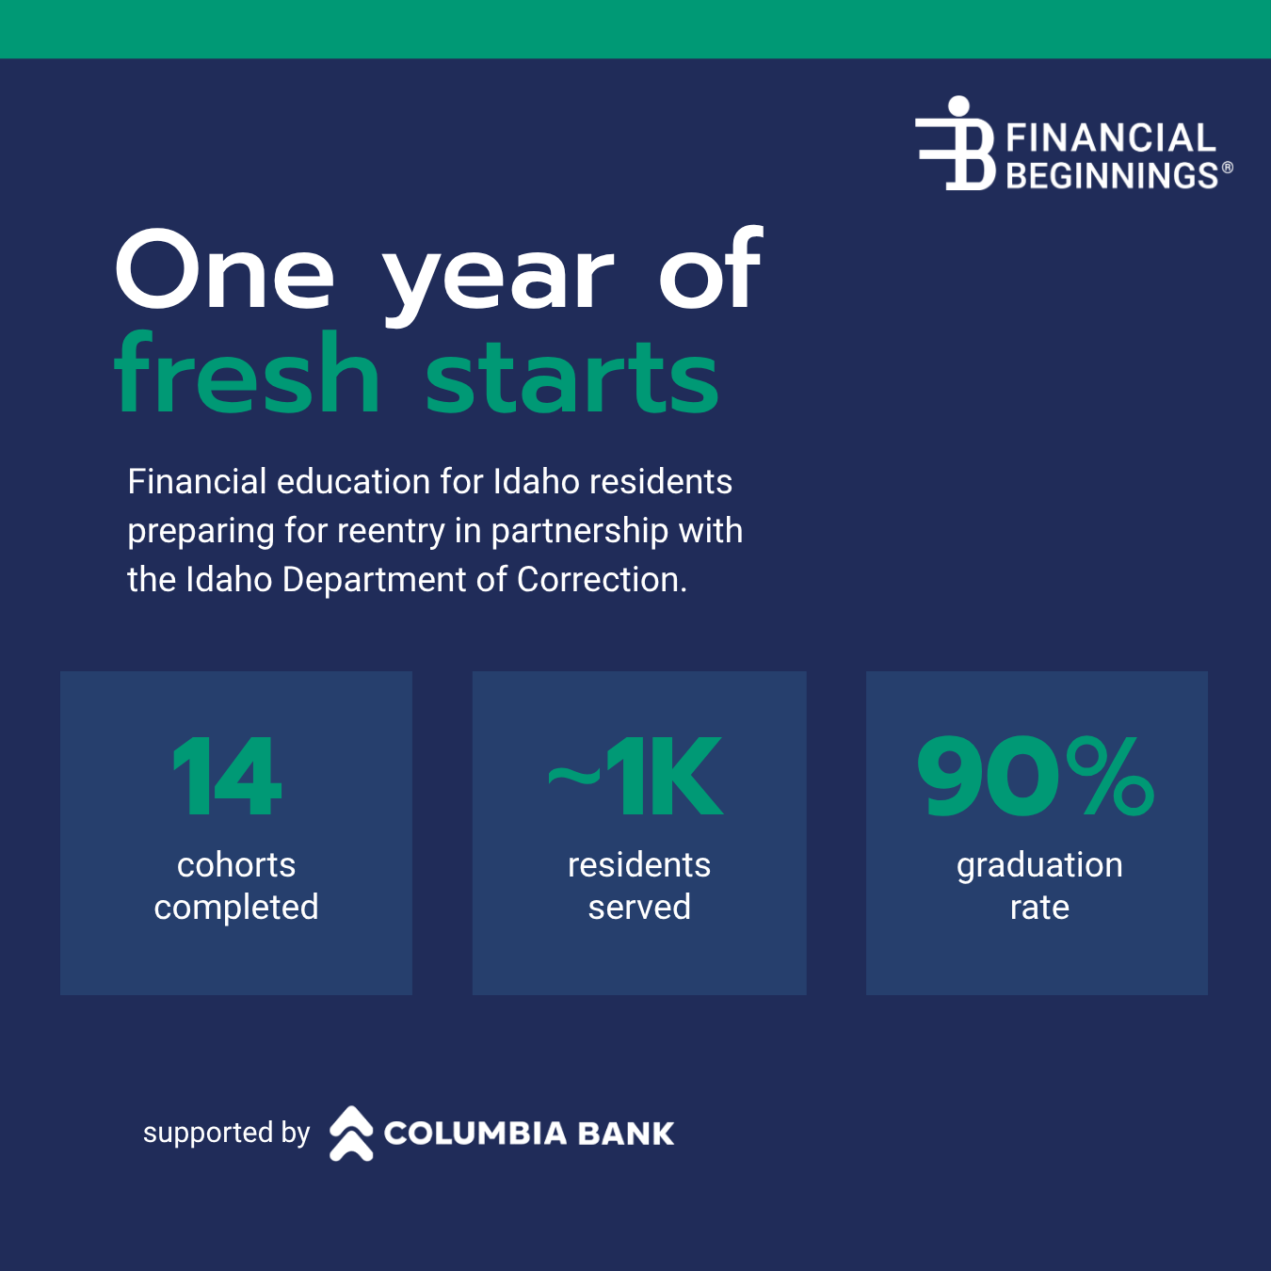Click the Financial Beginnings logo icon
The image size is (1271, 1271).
(x=956, y=144)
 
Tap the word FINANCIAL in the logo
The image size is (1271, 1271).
(x=1111, y=138)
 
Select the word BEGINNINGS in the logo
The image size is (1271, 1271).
(x=1113, y=175)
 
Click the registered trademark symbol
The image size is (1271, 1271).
(x=1228, y=168)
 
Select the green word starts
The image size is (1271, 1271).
(x=571, y=378)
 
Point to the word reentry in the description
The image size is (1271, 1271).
(x=391, y=532)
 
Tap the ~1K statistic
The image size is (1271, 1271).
(x=635, y=777)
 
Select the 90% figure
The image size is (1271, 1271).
(x=1036, y=776)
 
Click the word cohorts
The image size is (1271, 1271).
(x=236, y=864)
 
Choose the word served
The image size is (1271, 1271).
(x=639, y=907)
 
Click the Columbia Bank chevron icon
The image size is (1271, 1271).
(x=351, y=1134)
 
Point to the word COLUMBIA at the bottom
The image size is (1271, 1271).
(x=475, y=1134)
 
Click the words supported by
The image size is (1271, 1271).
(x=226, y=1134)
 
